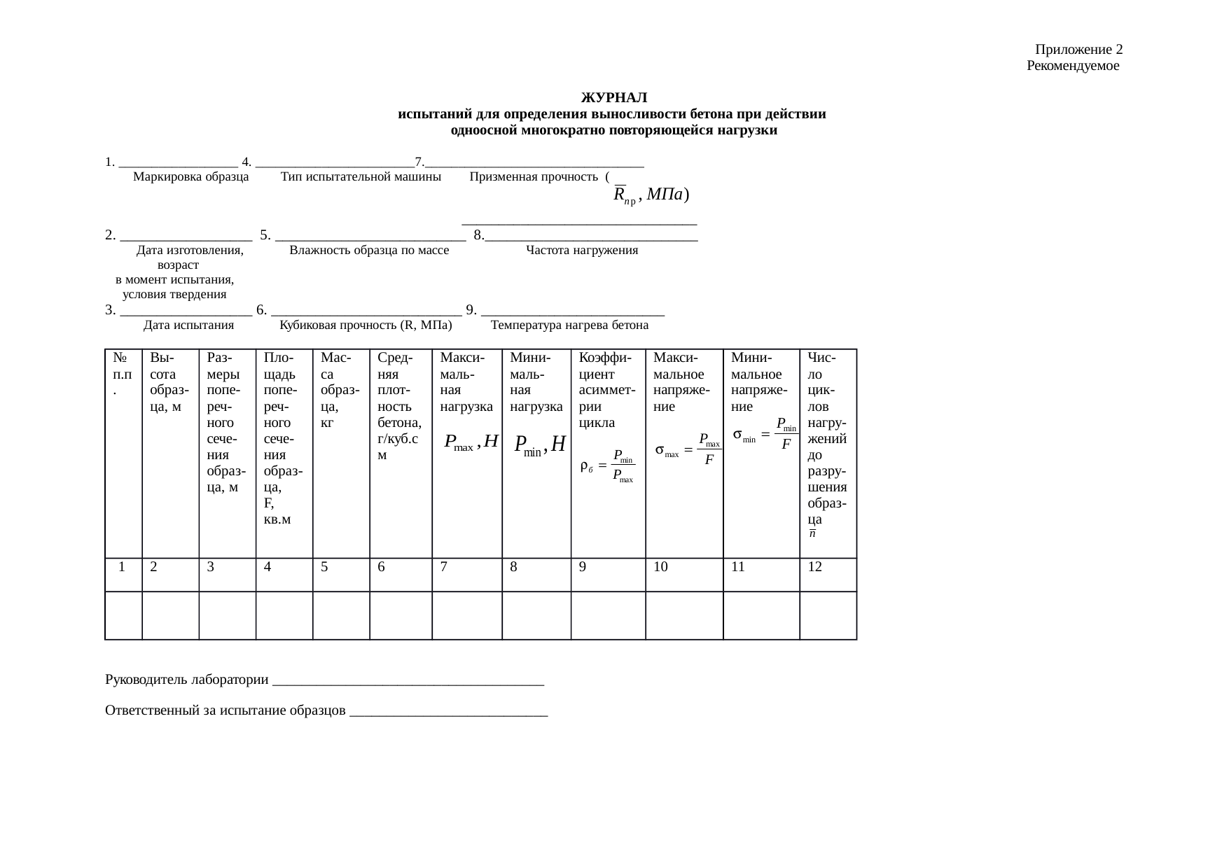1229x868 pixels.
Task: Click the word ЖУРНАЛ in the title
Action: (613, 97)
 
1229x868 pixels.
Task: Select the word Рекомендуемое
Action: (1072, 66)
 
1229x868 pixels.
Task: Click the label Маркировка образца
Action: (190, 176)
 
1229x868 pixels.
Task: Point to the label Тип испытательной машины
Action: (361, 176)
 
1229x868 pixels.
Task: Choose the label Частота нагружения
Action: (582, 250)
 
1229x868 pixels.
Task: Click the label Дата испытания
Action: (188, 325)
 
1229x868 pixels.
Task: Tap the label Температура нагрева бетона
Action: (569, 325)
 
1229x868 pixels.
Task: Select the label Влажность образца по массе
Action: (369, 250)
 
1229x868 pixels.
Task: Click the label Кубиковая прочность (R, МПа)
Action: (366, 325)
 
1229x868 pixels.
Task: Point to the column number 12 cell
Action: (828, 568)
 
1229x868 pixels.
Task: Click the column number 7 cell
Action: (466, 568)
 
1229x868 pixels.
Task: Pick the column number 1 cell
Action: (123, 568)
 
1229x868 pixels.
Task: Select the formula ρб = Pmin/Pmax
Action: (607, 465)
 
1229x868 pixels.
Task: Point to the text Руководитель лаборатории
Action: (186, 680)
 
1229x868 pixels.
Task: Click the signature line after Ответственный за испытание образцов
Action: (448, 714)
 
